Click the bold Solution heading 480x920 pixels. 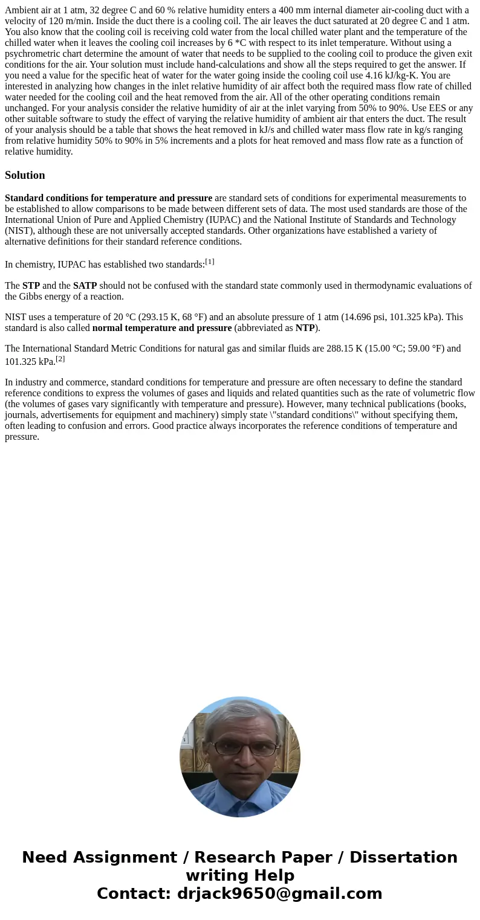(x=25, y=175)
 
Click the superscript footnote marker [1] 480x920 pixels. (x=210, y=262)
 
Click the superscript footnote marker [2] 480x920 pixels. (x=60, y=359)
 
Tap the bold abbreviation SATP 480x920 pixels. (x=85, y=286)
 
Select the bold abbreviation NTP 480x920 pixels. (x=305, y=328)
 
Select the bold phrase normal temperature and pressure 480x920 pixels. (x=161, y=328)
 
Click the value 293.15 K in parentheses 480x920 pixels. (x=150, y=317)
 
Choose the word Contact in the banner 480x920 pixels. (x=134, y=893)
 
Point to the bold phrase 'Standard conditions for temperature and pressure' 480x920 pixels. (x=108, y=198)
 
